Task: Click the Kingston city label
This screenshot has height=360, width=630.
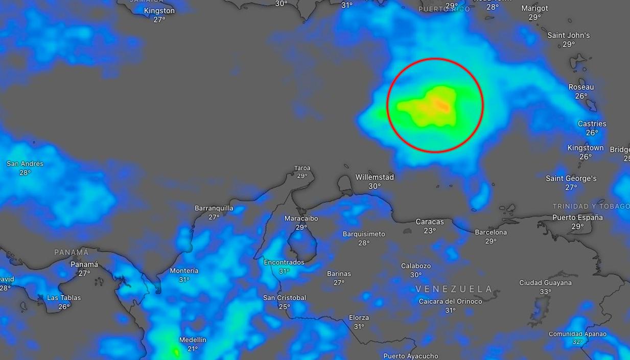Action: click(x=159, y=11)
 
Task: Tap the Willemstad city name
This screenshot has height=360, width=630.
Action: click(x=375, y=177)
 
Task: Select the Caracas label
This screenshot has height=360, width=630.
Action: click(x=430, y=222)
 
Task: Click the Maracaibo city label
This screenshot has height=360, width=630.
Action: click(x=301, y=219)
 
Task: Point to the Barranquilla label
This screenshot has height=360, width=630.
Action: click(x=214, y=208)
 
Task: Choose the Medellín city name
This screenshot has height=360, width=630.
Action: click(x=193, y=340)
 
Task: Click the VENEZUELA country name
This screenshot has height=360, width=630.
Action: click(x=454, y=289)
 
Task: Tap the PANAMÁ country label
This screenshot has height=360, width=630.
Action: click(x=72, y=252)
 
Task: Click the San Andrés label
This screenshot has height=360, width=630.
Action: click(x=25, y=164)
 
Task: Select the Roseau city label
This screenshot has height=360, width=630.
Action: click(x=581, y=87)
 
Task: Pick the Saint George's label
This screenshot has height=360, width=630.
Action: click(x=571, y=179)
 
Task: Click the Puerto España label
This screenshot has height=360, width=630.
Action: click(x=577, y=218)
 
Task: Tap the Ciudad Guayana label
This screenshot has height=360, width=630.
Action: click(x=545, y=283)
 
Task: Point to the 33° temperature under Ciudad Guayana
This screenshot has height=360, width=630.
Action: click(x=545, y=292)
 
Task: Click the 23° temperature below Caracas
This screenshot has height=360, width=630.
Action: click(x=430, y=231)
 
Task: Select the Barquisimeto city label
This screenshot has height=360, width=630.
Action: click(x=364, y=234)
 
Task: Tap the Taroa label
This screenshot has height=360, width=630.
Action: click(x=302, y=168)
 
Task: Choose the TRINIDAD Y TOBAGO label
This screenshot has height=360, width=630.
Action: click(x=591, y=206)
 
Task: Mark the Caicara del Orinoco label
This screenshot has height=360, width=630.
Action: click(x=450, y=301)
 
